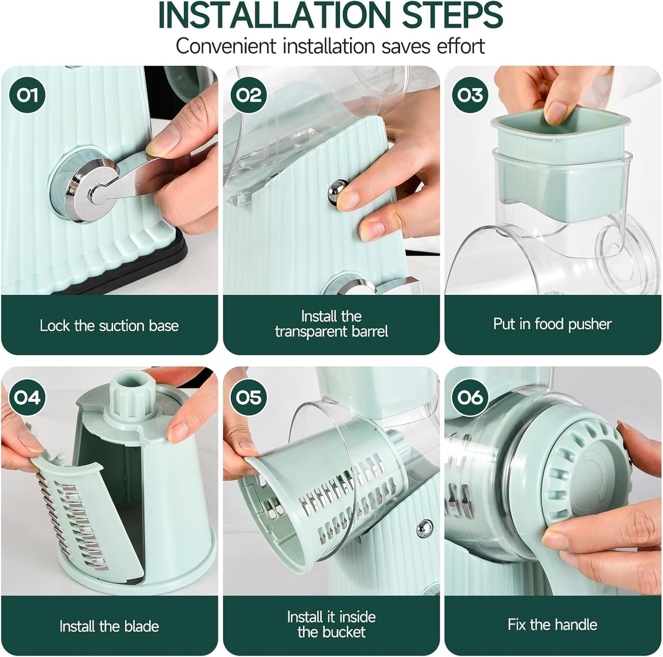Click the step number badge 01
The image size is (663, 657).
point(28,95)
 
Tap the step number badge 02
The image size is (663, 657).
point(249,95)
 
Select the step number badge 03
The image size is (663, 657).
point(470,95)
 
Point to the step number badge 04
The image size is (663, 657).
point(28,397)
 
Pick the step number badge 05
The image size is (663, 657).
point(249,397)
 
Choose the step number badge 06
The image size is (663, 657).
point(470,397)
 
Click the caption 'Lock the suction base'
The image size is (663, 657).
point(109,326)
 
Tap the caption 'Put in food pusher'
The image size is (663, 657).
point(552,324)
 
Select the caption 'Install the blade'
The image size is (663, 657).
point(109,626)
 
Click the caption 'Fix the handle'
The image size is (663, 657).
point(552,624)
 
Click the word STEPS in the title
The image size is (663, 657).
point(452,16)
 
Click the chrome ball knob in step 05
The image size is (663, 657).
point(425,528)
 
